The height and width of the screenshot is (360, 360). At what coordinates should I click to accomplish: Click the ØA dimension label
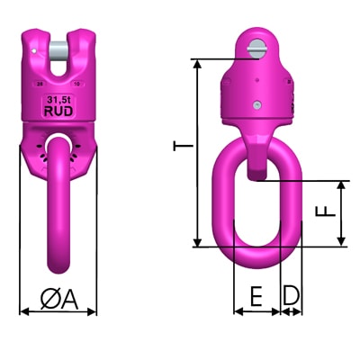(59, 297)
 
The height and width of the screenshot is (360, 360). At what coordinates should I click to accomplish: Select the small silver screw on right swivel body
(258, 107)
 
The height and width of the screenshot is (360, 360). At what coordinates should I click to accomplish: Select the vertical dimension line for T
(195, 153)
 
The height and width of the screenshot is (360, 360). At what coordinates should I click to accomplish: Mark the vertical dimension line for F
(341, 213)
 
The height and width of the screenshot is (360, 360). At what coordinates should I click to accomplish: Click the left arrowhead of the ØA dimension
(23, 311)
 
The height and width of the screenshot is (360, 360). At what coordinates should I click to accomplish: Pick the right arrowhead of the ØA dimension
(94, 311)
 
